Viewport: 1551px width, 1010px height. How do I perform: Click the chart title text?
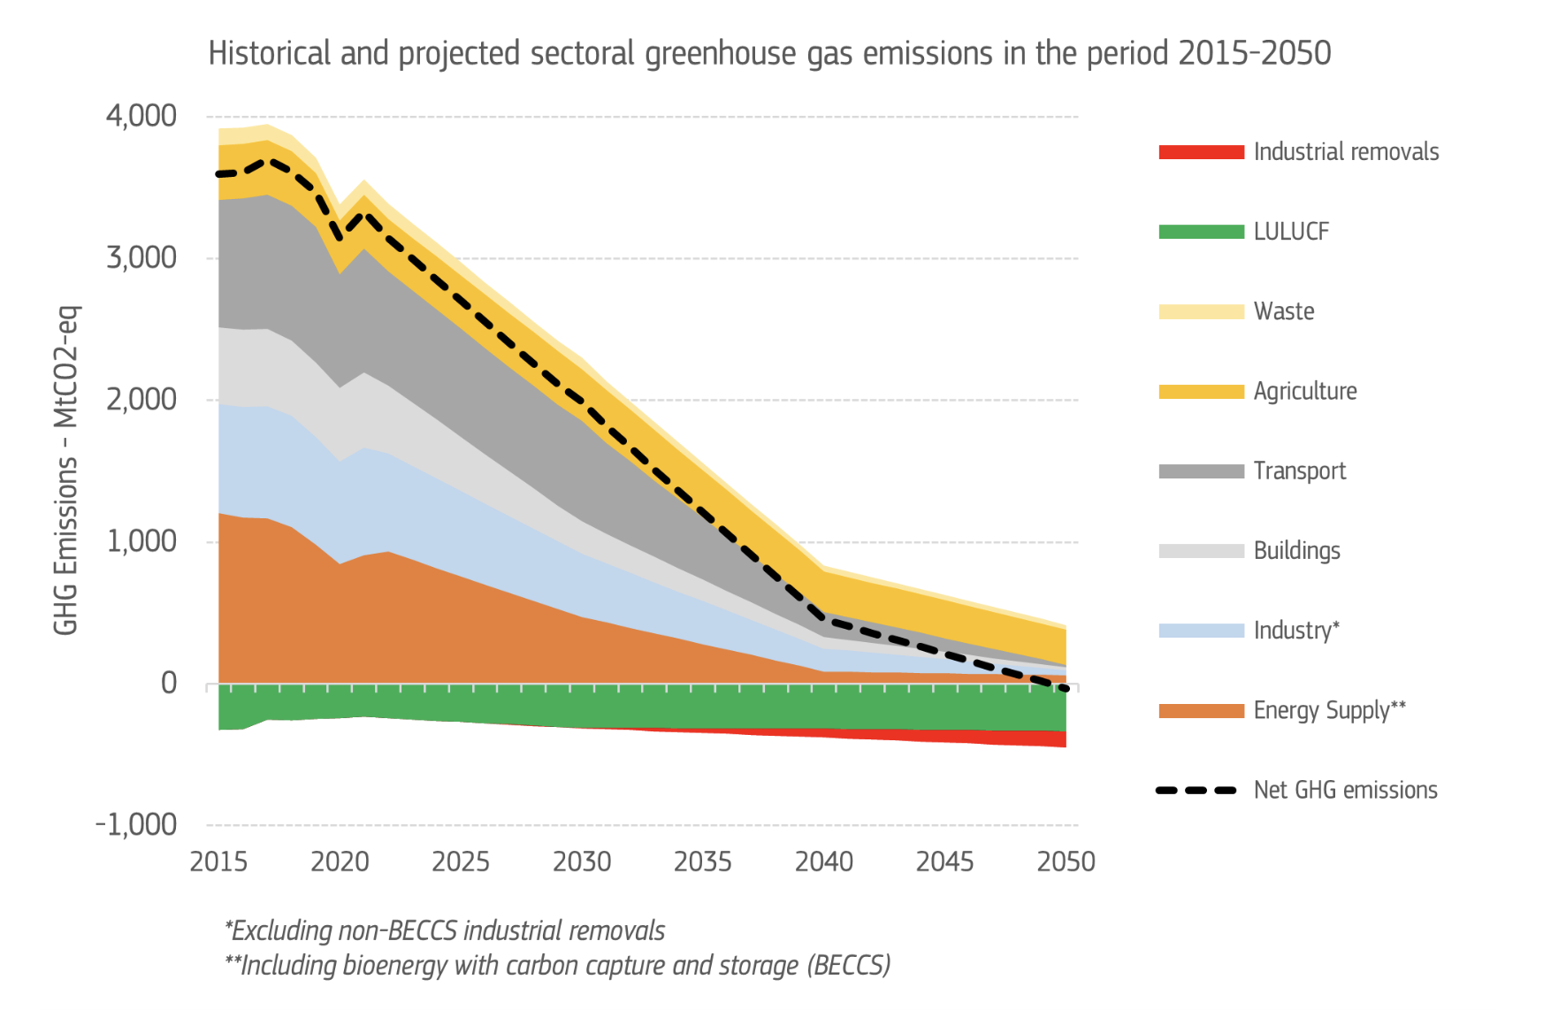[769, 53]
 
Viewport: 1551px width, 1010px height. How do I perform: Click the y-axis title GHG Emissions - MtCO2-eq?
[66, 470]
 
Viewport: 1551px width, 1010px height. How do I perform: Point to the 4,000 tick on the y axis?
[141, 116]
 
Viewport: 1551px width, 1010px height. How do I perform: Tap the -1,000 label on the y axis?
[136, 825]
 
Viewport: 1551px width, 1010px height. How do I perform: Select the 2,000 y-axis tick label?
[141, 400]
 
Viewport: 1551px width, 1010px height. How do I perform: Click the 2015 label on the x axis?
[218, 861]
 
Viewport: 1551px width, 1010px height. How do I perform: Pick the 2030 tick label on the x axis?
[581, 861]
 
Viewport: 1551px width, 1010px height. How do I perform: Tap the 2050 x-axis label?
[1066, 861]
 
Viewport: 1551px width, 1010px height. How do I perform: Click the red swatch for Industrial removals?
[1201, 152]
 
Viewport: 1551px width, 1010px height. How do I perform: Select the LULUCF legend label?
[1291, 232]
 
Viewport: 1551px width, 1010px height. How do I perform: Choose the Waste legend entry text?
[1284, 311]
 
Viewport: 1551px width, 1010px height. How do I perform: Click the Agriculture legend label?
[1305, 391]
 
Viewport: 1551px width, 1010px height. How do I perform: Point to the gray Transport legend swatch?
[1201, 471]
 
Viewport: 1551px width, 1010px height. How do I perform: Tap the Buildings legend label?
[1297, 551]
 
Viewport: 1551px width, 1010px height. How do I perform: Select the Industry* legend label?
[1296, 631]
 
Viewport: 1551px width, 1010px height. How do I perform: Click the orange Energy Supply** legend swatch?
[1201, 710]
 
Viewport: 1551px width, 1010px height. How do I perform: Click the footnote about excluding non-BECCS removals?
[445, 930]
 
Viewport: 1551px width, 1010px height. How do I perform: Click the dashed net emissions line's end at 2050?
[1066, 688]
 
